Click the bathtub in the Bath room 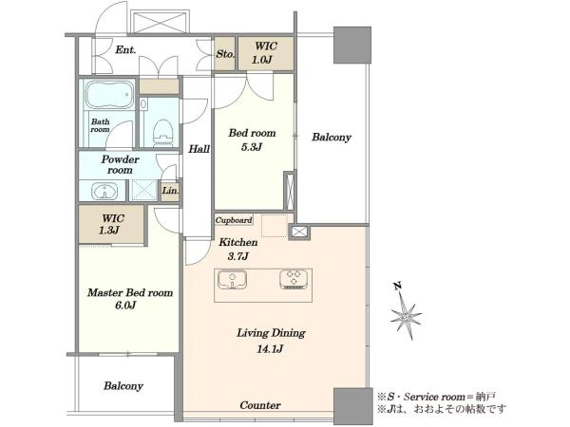click(108, 94)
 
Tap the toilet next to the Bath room click(162, 132)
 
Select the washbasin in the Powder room click(104, 191)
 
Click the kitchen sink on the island click(232, 280)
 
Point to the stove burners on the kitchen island click(294, 279)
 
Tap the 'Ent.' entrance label click(125, 49)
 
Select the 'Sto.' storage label click(225, 54)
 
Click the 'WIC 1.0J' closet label click(266, 52)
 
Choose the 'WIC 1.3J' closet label click(113, 224)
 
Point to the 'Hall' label click(199, 149)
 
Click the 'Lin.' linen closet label click(170, 191)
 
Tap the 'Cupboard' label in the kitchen click(234, 220)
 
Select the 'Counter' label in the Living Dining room click(260, 405)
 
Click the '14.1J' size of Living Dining click(270, 349)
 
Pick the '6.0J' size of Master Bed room click(125, 306)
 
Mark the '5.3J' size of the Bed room click(251, 147)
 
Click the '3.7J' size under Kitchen click(238, 256)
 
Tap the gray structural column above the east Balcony click(352, 45)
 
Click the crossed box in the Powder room click(143, 191)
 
